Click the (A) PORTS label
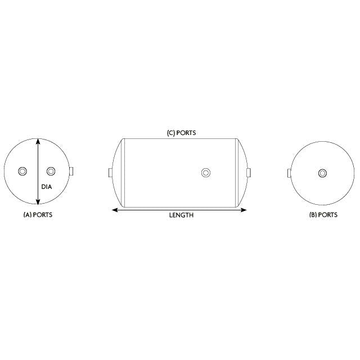pos(38,215)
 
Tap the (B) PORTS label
pos(323,215)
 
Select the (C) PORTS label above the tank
pos(181,133)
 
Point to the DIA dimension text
pos(47,187)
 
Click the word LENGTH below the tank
pos(181,215)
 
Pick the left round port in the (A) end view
pos(23,172)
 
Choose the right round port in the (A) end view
pos(51,172)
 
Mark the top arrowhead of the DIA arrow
pos(38,141)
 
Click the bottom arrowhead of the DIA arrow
pos(38,203)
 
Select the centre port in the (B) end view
pos(322,173)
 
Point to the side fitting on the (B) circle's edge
pos(289,173)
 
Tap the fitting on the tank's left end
pos(111,172)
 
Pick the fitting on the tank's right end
pos(248,172)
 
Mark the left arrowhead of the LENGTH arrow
pos(115,210)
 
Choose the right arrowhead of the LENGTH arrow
pos(245,210)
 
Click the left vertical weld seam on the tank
pos(124,172)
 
